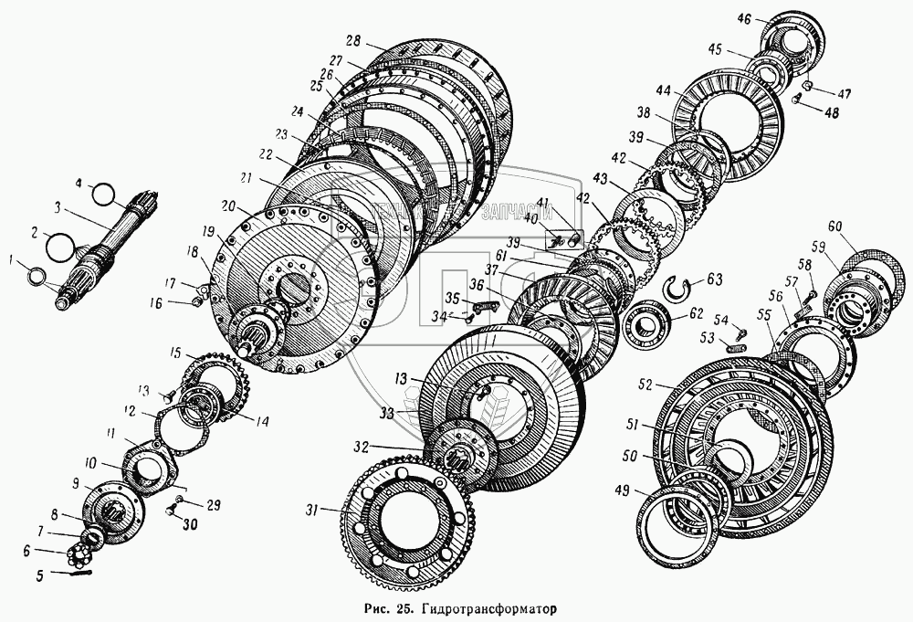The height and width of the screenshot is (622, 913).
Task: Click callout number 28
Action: coord(353,42)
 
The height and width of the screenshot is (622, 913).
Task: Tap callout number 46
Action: coord(744,17)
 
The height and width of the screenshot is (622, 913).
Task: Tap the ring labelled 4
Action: coord(104,195)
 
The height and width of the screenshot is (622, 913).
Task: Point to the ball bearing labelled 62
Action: coord(651,322)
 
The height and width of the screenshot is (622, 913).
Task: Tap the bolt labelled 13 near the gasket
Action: coord(170,396)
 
